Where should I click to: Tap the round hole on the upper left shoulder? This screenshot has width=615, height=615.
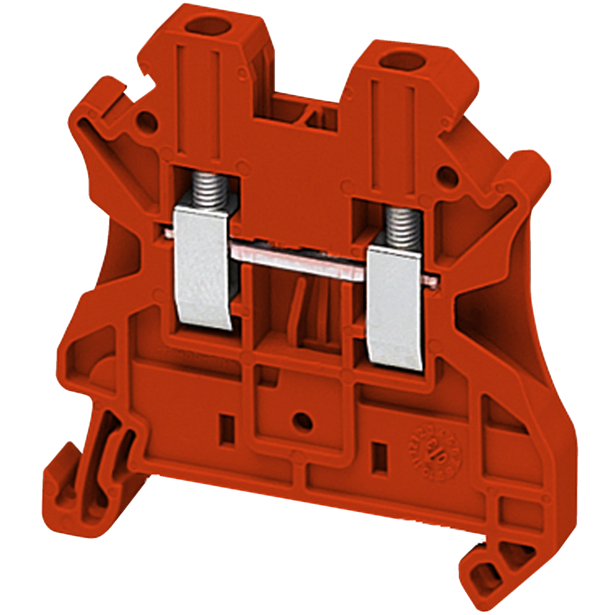point(145,118)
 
